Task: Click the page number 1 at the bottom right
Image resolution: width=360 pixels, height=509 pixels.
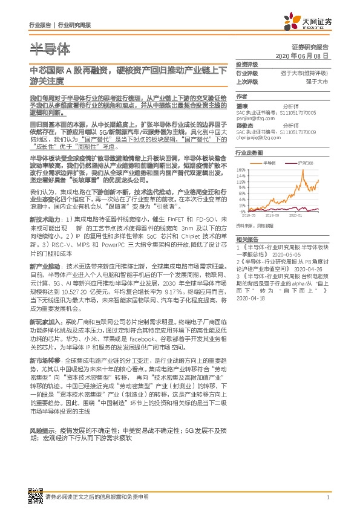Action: click(327, 497)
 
